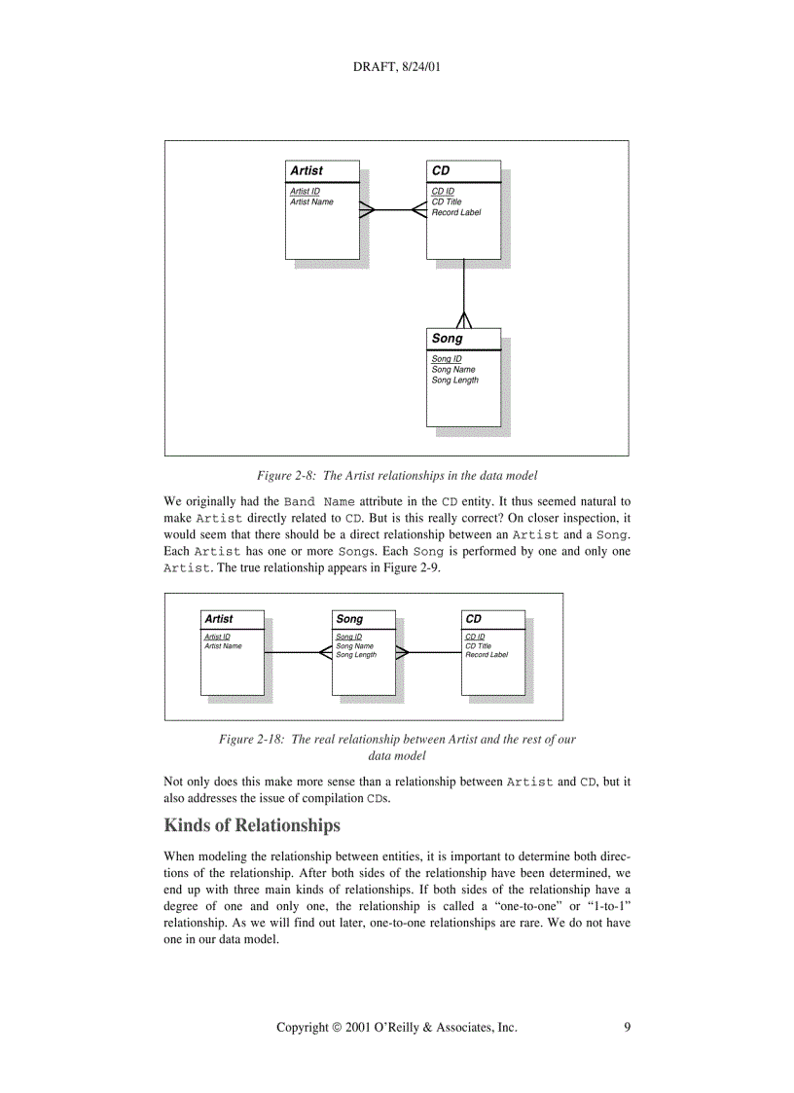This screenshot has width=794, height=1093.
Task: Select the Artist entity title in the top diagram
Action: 307,170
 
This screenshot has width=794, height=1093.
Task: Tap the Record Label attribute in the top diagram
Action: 455,212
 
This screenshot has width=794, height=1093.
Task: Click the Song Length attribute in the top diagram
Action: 454,381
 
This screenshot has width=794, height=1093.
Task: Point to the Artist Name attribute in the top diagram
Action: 311,201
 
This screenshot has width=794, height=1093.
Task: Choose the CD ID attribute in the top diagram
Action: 443,192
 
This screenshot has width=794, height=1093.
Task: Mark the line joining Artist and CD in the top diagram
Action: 395,209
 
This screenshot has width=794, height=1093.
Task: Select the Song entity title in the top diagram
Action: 448,339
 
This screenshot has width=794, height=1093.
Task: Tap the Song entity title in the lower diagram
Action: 349,619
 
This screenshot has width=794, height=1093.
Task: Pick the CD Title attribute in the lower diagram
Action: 478,646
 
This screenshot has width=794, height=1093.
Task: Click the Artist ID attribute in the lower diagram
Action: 217,637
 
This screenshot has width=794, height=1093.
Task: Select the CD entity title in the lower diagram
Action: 474,619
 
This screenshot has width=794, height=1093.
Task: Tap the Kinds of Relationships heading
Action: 252,826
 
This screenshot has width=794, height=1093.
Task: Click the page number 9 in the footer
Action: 627,1027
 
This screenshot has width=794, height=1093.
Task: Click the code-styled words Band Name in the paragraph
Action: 319,502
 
